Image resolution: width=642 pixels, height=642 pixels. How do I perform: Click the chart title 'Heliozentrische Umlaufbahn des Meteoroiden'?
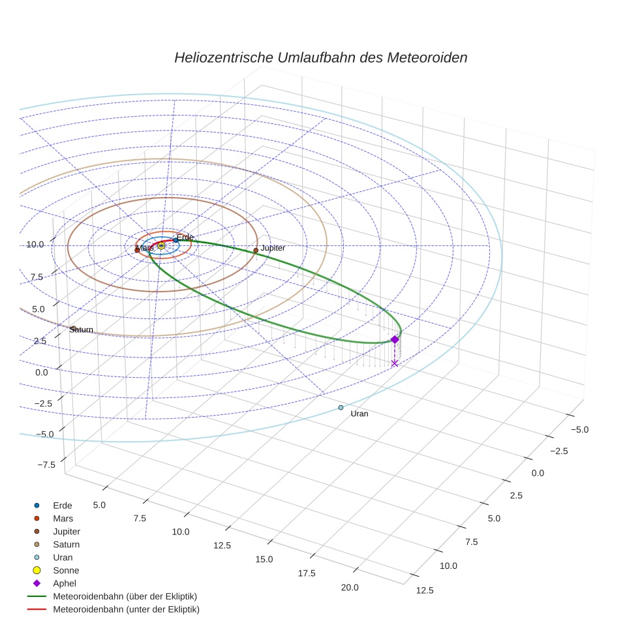pos(320,57)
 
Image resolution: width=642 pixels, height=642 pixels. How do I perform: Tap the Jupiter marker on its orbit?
pos(256,250)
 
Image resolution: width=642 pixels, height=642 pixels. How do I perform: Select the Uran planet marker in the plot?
pos(341,408)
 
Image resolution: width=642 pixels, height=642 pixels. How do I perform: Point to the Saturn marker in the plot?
pos(73,328)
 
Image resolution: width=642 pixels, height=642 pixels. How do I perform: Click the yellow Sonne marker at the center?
pos(161,245)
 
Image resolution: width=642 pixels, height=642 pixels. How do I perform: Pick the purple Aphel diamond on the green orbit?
pos(394,339)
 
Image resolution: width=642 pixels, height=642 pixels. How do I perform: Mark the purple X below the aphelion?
pos(394,363)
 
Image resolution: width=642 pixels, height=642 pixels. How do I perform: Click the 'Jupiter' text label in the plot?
pos(273,249)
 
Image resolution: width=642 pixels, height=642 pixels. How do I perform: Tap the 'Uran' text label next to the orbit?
pos(359,414)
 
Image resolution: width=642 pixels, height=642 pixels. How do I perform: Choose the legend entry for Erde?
pos(62,506)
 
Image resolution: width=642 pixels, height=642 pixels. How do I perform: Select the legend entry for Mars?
pos(63,519)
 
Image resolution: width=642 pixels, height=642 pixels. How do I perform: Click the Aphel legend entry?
pos(64,583)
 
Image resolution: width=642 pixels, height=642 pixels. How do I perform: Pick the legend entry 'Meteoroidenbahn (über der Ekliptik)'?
pos(125,596)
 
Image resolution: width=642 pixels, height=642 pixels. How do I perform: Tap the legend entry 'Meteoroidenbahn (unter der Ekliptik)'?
pos(126,609)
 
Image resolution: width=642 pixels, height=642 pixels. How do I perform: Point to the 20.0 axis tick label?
pos(349,588)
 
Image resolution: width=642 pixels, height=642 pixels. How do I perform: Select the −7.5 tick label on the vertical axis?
pos(46,465)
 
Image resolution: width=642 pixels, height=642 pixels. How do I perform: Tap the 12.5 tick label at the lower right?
pos(424,590)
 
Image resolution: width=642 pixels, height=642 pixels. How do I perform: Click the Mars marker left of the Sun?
pos(137,250)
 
